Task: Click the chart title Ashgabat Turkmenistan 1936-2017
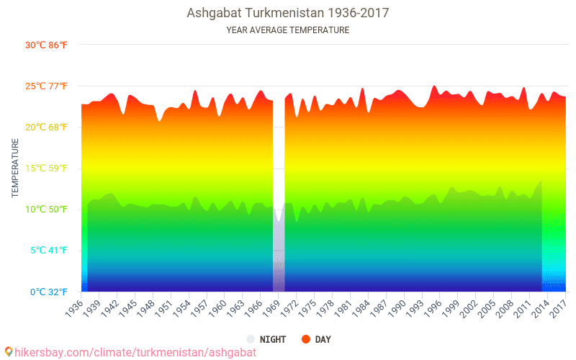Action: pos(287,13)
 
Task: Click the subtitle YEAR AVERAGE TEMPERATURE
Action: pos(287,30)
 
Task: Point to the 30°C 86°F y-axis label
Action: pos(47,45)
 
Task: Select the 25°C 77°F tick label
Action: pos(47,86)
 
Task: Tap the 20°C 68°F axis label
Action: pos(47,127)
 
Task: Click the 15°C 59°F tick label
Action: pos(47,168)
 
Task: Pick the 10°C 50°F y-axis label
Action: pos(47,210)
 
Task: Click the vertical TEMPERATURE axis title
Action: pos(15,168)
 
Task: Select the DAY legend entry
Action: pos(323,339)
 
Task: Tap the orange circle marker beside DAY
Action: pos(305,339)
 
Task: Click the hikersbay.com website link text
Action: pos(135,352)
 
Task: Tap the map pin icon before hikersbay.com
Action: pos(8,351)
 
